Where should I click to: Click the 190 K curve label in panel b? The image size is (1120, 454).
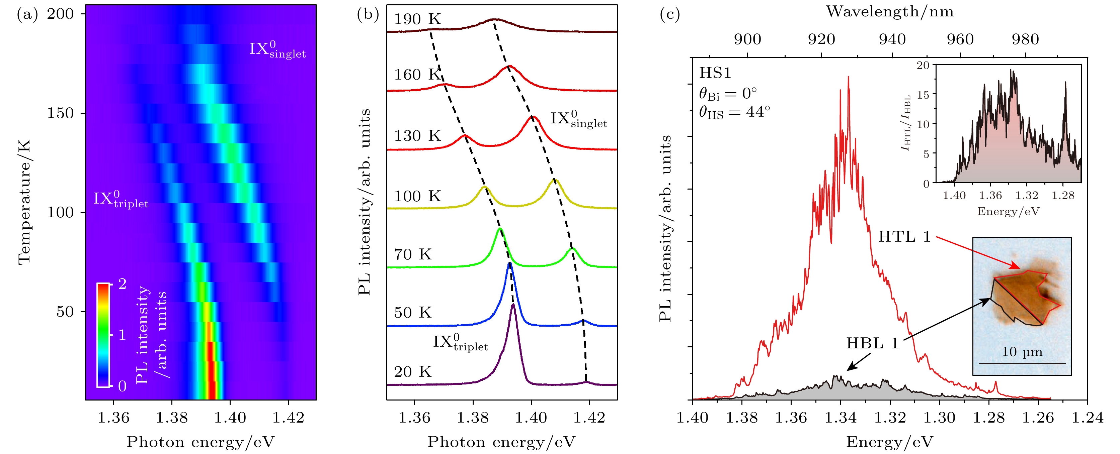(417, 19)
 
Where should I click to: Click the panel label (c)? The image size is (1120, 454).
(669, 14)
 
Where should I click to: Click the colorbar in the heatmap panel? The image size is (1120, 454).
(103, 335)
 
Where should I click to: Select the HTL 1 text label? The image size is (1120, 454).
(904, 237)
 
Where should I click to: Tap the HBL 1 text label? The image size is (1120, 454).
(872, 343)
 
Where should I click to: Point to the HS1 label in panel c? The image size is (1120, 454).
(715, 73)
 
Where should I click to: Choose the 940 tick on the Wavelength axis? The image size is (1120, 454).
(892, 39)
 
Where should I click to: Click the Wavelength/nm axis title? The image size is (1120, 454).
(890, 12)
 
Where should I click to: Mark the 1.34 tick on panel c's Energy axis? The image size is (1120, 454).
(841, 418)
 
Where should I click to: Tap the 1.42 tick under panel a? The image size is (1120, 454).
(288, 418)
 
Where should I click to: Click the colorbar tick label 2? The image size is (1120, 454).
(122, 284)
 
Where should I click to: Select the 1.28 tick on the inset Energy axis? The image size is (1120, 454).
(1063, 196)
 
